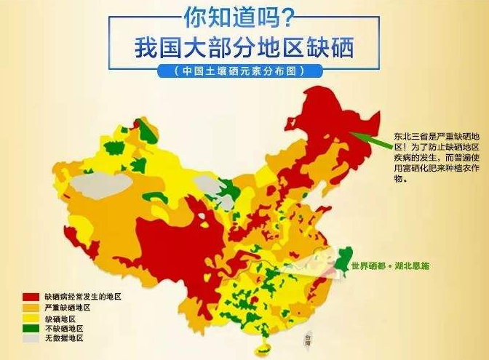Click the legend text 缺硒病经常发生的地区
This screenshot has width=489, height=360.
coord(82,297)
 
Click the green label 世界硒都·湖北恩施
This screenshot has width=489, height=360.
coord(390,266)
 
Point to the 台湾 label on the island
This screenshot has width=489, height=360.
coord(311,339)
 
